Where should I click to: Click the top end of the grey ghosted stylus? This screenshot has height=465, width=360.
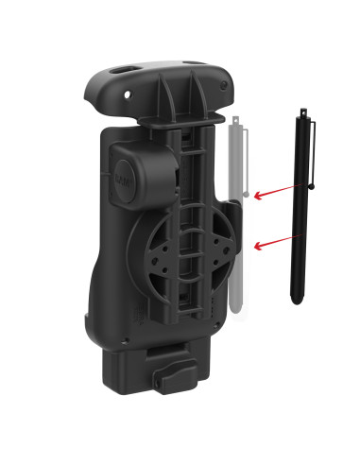(237, 123)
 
